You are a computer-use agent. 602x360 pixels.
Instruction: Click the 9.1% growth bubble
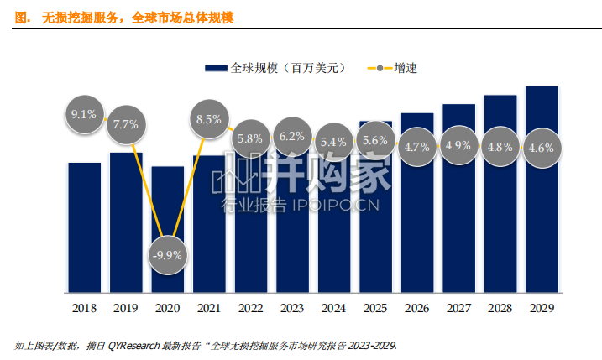pyautogui.click(x=85, y=114)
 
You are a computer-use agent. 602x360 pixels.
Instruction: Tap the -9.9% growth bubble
pyautogui.click(x=168, y=255)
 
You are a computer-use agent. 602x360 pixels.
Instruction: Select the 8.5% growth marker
pyautogui.click(x=209, y=119)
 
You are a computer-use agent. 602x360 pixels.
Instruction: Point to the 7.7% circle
pyautogui.click(x=126, y=124)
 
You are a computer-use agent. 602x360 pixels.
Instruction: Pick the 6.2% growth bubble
pyautogui.click(x=292, y=136)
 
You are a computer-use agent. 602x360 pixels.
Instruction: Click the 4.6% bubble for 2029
pyautogui.click(x=542, y=148)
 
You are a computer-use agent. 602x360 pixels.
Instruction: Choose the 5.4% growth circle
pyautogui.click(x=333, y=142)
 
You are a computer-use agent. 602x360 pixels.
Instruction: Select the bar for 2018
pyautogui.click(x=85, y=227)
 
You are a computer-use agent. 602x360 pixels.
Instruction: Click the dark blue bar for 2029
pyautogui.click(x=542, y=190)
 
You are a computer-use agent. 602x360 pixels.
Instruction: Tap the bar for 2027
pyautogui.click(x=458, y=198)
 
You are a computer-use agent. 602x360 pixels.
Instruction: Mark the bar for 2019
pyautogui.click(x=126, y=222)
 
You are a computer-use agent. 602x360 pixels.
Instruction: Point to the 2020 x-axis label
pyautogui.click(x=167, y=308)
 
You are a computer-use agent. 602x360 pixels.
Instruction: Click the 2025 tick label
pyautogui.click(x=375, y=308)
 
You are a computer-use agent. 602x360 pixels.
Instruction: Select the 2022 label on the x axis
pyautogui.click(x=251, y=308)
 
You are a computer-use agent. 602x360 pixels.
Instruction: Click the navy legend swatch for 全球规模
pyautogui.click(x=216, y=68)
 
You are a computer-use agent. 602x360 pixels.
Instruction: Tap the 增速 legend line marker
pyautogui.click(x=380, y=68)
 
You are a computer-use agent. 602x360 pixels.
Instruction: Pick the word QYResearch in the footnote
pyautogui.click(x=133, y=346)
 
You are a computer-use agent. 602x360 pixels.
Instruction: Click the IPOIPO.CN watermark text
pyautogui.click(x=336, y=206)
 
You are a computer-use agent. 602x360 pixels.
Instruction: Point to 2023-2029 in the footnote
pyautogui.click(x=373, y=346)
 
